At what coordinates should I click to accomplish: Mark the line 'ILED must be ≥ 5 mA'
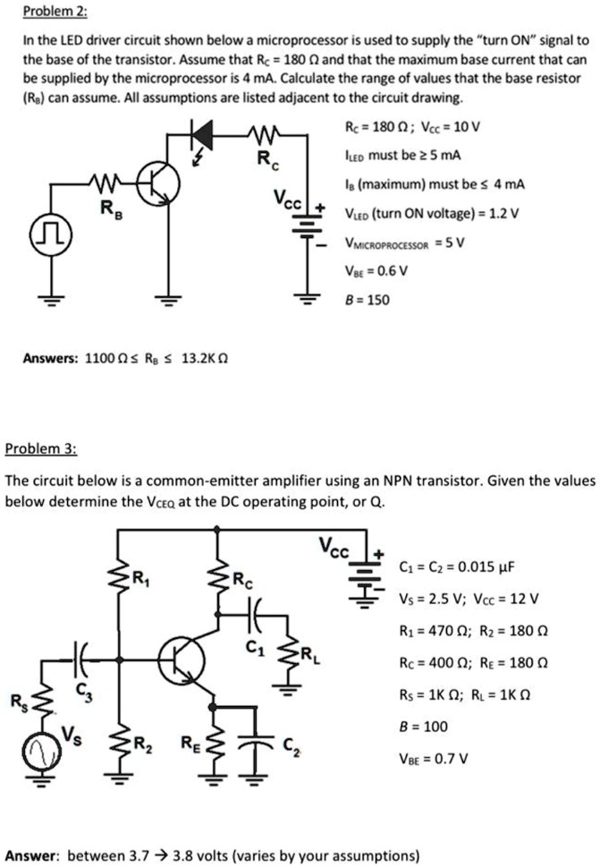(405, 155)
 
